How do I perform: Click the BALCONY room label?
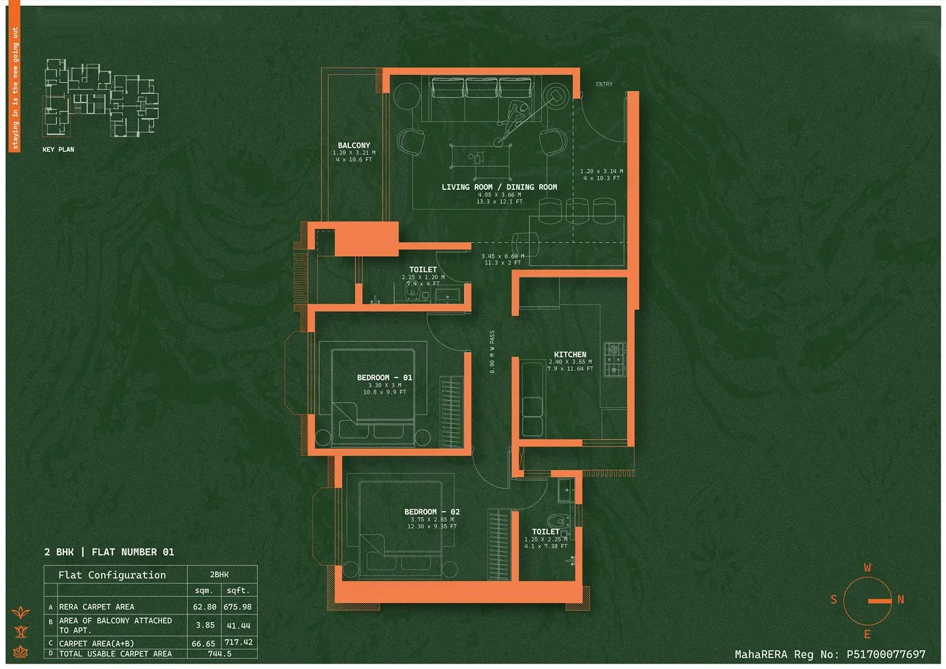coord(354,146)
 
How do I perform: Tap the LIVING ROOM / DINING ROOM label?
coord(499,187)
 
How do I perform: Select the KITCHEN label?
coord(570,354)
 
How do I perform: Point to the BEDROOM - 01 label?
coord(384,377)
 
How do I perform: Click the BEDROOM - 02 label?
coord(432,512)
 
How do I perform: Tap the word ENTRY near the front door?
coord(604,85)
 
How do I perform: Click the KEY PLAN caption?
coord(58,150)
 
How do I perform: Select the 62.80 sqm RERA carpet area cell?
coord(205,607)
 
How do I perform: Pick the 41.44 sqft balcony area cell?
coord(238,625)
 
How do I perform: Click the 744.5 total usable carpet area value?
coord(219,654)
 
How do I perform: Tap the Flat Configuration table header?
coord(112,575)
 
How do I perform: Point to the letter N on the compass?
coord(900,600)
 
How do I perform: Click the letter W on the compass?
coord(867,568)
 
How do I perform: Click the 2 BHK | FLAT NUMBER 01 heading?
coord(109,552)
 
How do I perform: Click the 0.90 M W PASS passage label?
coord(492,352)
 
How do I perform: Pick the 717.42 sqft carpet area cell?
coord(238,642)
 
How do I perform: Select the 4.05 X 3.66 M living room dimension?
coord(499,195)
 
